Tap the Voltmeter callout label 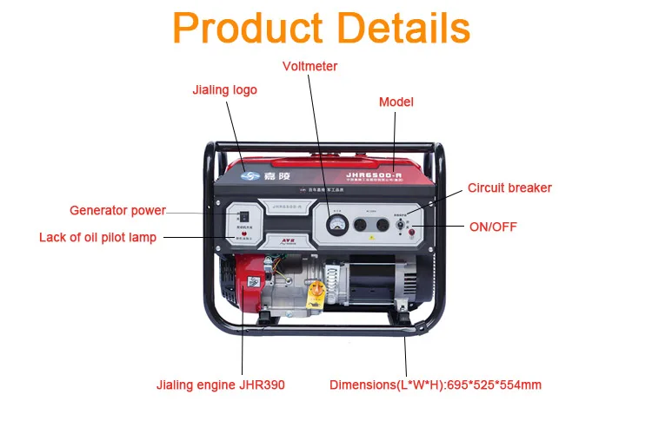point(310,66)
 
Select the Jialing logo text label point(224,89)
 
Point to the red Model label point(396,102)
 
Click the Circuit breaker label point(509,187)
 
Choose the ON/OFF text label point(493,227)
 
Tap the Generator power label point(117,210)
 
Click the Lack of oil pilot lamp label point(97,237)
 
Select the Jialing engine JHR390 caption point(220,385)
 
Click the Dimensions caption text point(436,385)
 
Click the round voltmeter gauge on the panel point(336,225)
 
